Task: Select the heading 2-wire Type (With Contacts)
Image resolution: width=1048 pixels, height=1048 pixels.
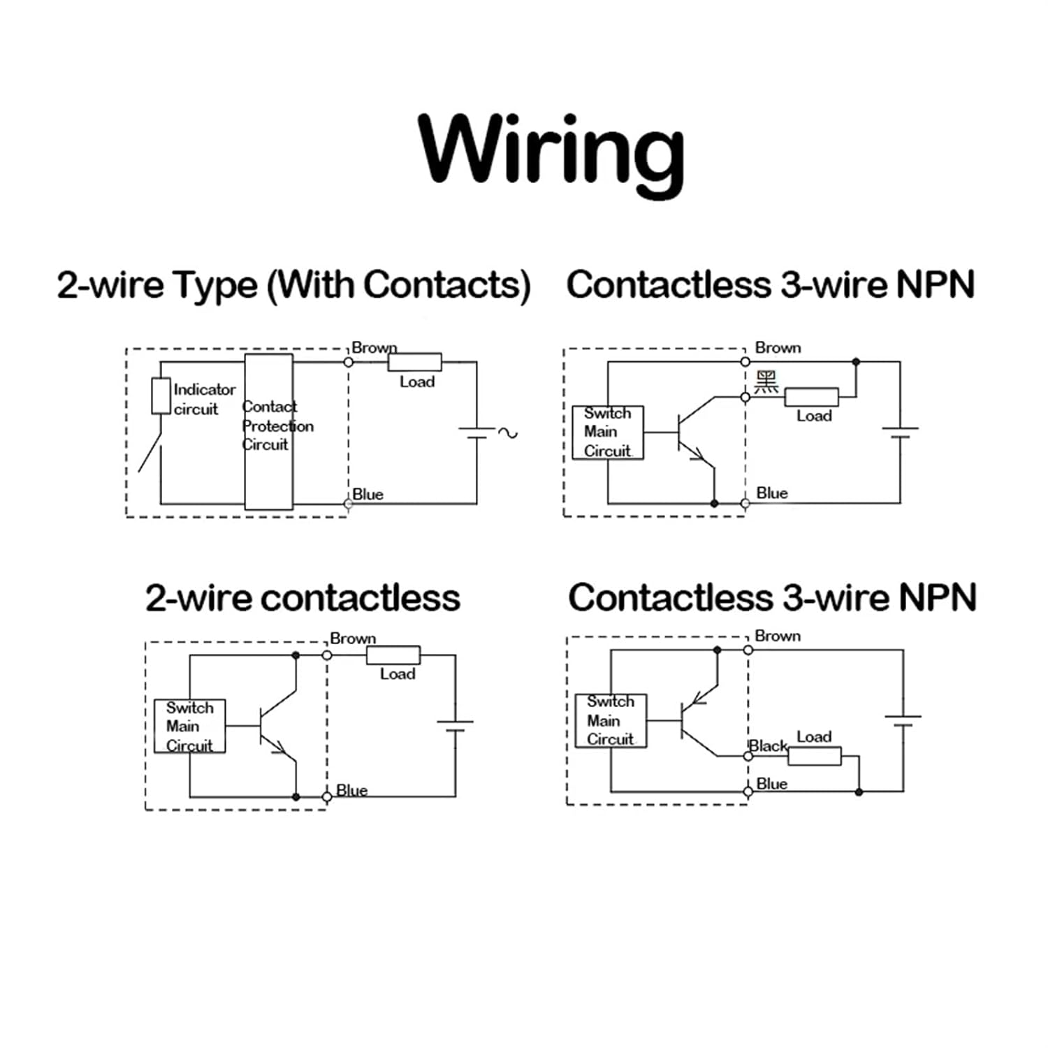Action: [x=293, y=285]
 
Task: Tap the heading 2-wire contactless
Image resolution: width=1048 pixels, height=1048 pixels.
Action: [x=303, y=598]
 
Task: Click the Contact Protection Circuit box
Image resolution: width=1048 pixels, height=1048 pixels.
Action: [x=269, y=431]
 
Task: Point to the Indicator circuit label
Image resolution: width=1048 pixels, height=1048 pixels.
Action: [x=204, y=399]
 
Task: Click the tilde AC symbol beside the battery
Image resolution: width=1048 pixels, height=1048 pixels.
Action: [x=508, y=433]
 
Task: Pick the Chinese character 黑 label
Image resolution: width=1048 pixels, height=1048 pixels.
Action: [x=766, y=382]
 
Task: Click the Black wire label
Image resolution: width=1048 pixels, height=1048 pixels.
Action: [x=769, y=746]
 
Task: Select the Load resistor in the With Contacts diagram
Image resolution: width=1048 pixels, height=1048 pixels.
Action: [x=414, y=362]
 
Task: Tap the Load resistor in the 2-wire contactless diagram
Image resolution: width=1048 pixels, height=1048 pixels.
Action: [x=393, y=655]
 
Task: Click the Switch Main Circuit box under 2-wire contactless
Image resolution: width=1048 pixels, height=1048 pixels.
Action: [x=189, y=727]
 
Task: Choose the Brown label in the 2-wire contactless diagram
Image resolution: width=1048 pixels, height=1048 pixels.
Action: [x=353, y=639]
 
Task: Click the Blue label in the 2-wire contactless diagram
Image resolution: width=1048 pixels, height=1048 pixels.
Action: [x=351, y=790]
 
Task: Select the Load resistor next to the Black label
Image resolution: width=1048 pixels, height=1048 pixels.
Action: [x=815, y=756]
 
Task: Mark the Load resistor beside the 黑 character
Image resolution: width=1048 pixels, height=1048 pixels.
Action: [x=811, y=397]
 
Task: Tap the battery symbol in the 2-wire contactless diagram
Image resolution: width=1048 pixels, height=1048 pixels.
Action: [x=455, y=725]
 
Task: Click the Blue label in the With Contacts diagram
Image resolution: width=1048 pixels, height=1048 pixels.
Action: [x=367, y=495]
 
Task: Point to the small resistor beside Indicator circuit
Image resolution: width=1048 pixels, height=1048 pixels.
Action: [x=161, y=396]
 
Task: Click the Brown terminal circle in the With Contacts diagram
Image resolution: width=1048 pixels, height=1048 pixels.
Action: [x=349, y=362]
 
